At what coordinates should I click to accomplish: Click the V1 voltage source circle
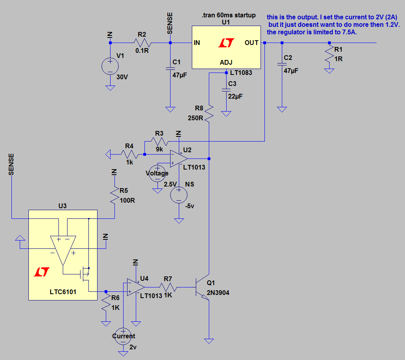coord(110,66)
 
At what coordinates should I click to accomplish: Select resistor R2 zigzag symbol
coord(142,43)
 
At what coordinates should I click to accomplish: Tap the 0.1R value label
coord(142,51)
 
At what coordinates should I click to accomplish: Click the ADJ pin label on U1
coord(226,62)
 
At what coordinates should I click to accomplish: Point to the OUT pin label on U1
coord(251,43)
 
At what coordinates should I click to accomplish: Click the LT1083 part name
coord(241,73)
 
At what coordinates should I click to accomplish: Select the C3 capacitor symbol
coord(226,90)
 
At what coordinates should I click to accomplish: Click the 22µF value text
coord(235,97)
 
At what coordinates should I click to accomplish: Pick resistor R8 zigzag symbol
coord(209,113)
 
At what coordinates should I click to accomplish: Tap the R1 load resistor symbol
coord(329,54)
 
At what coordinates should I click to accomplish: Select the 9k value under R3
coord(159,149)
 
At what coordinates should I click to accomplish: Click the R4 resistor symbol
coord(129,155)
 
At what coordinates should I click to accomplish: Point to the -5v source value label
coord(189,206)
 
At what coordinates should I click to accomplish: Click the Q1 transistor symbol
coord(202,287)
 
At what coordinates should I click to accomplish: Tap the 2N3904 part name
coord(218,293)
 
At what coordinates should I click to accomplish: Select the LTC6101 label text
coord(63,292)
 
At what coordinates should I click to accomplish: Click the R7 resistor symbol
coord(168,287)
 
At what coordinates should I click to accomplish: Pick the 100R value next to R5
coord(127,201)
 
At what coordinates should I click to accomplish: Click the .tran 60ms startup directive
coord(229,15)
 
